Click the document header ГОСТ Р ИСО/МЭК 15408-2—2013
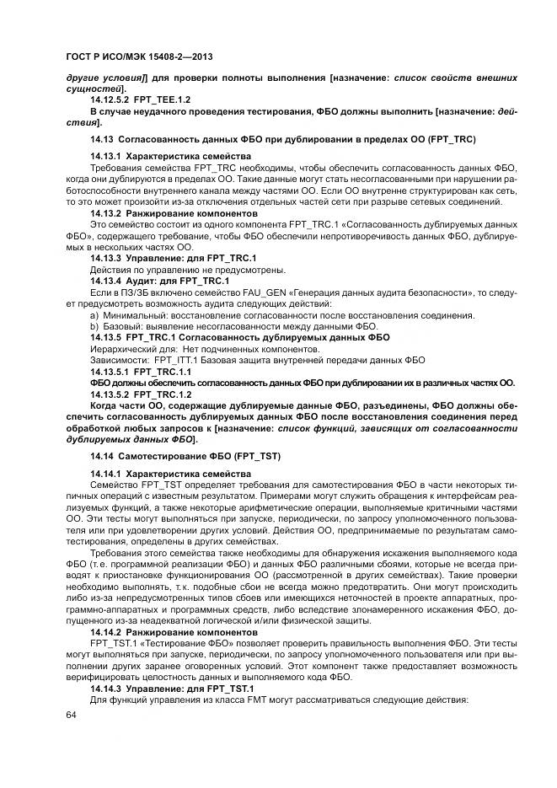point(138,56)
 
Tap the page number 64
point(70,715)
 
